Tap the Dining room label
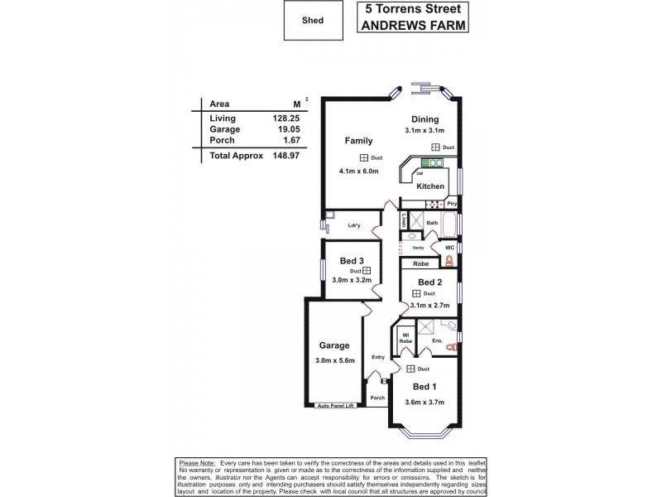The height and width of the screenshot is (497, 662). (x=425, y=119)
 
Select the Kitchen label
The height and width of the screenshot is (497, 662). (x=430, y=186)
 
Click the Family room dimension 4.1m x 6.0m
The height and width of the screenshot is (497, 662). (x=358, y=171)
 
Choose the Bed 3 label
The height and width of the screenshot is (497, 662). (x=352, y=261)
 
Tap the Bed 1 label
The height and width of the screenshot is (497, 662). (x=425, y=387)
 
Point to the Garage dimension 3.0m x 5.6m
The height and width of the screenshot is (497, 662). (x=334, y=359)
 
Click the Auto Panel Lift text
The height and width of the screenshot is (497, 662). (x=335, y=406)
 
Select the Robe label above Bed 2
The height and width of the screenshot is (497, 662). (x=421, y=264)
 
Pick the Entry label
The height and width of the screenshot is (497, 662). (x=378, y=357)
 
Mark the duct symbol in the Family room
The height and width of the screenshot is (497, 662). (x=363, y=157)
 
